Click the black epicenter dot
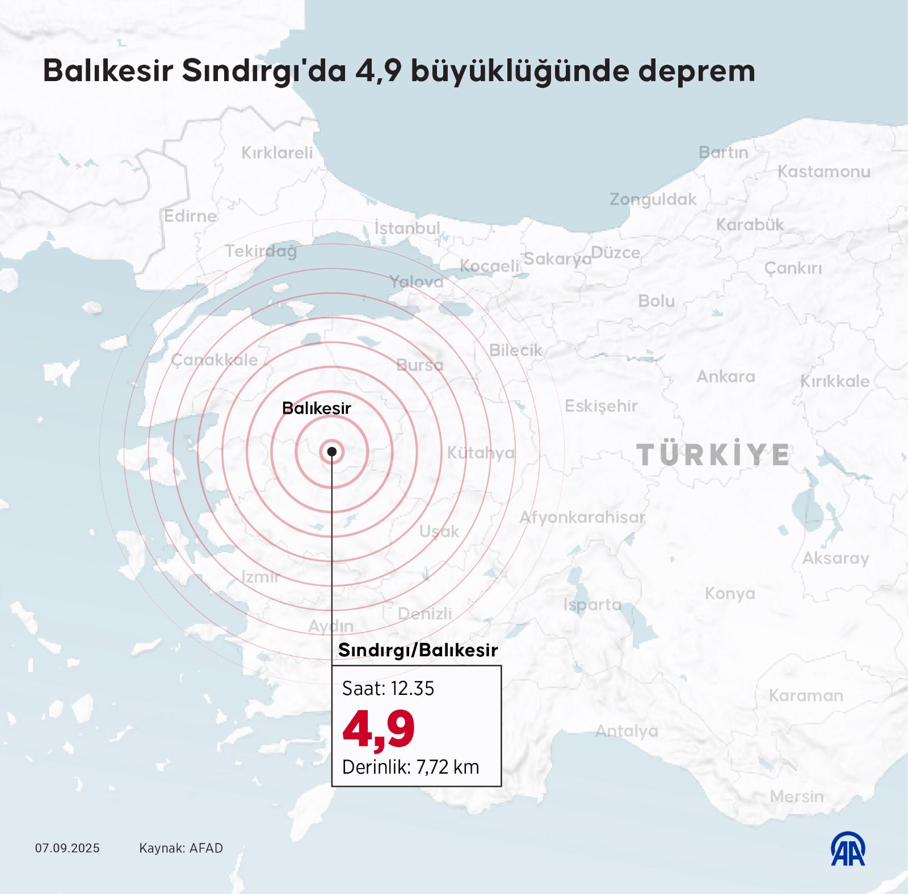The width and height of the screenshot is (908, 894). (x=332, y=452)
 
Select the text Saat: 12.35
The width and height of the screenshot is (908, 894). (x=388, y=688)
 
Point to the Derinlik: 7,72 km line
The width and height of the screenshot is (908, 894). (x=411, y=767)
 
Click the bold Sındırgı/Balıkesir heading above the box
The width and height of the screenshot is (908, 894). (x=418, y=650)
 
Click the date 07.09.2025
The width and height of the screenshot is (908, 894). (x=67, y=848)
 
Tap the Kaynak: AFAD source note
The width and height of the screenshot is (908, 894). (x=181, y=848)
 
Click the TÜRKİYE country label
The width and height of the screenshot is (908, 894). (x=713, y=455)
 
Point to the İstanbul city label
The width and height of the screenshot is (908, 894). (x=407, y=228)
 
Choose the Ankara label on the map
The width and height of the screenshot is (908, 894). (x=726, y=377)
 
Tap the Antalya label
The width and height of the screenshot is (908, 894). (x=627, y=731)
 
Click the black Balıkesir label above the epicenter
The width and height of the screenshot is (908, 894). (x=316, y=408)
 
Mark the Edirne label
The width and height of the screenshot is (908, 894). (x=190, y=216)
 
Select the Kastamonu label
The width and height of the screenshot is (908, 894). (x=823, y=171)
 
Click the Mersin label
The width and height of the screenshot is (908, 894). (x=797, y=796)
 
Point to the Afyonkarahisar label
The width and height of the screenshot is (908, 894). (x=582, y=517)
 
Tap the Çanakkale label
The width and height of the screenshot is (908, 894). (x=215, y=360)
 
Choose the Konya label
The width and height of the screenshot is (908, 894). (x=730, y=593)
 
